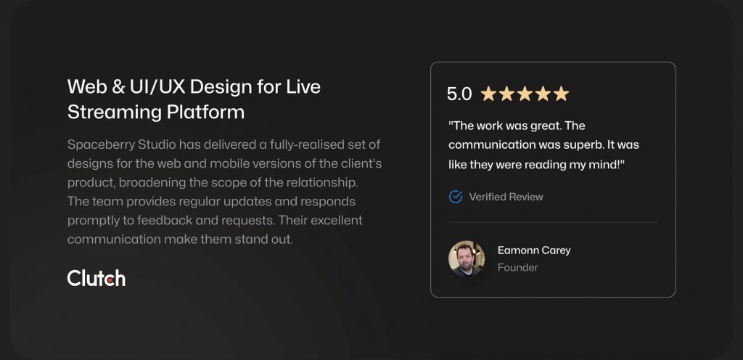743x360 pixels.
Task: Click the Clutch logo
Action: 97,278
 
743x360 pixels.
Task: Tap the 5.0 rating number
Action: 459,94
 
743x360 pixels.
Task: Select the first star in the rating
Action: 488,94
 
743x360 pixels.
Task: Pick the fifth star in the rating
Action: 561,94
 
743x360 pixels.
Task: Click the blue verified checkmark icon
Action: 456,197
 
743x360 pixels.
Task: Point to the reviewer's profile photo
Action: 467,258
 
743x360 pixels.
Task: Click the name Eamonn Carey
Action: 534,250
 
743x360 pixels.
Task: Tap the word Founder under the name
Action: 517,268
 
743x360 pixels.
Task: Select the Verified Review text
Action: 506,197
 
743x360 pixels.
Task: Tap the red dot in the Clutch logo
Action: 110,280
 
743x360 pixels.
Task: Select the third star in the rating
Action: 525,94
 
